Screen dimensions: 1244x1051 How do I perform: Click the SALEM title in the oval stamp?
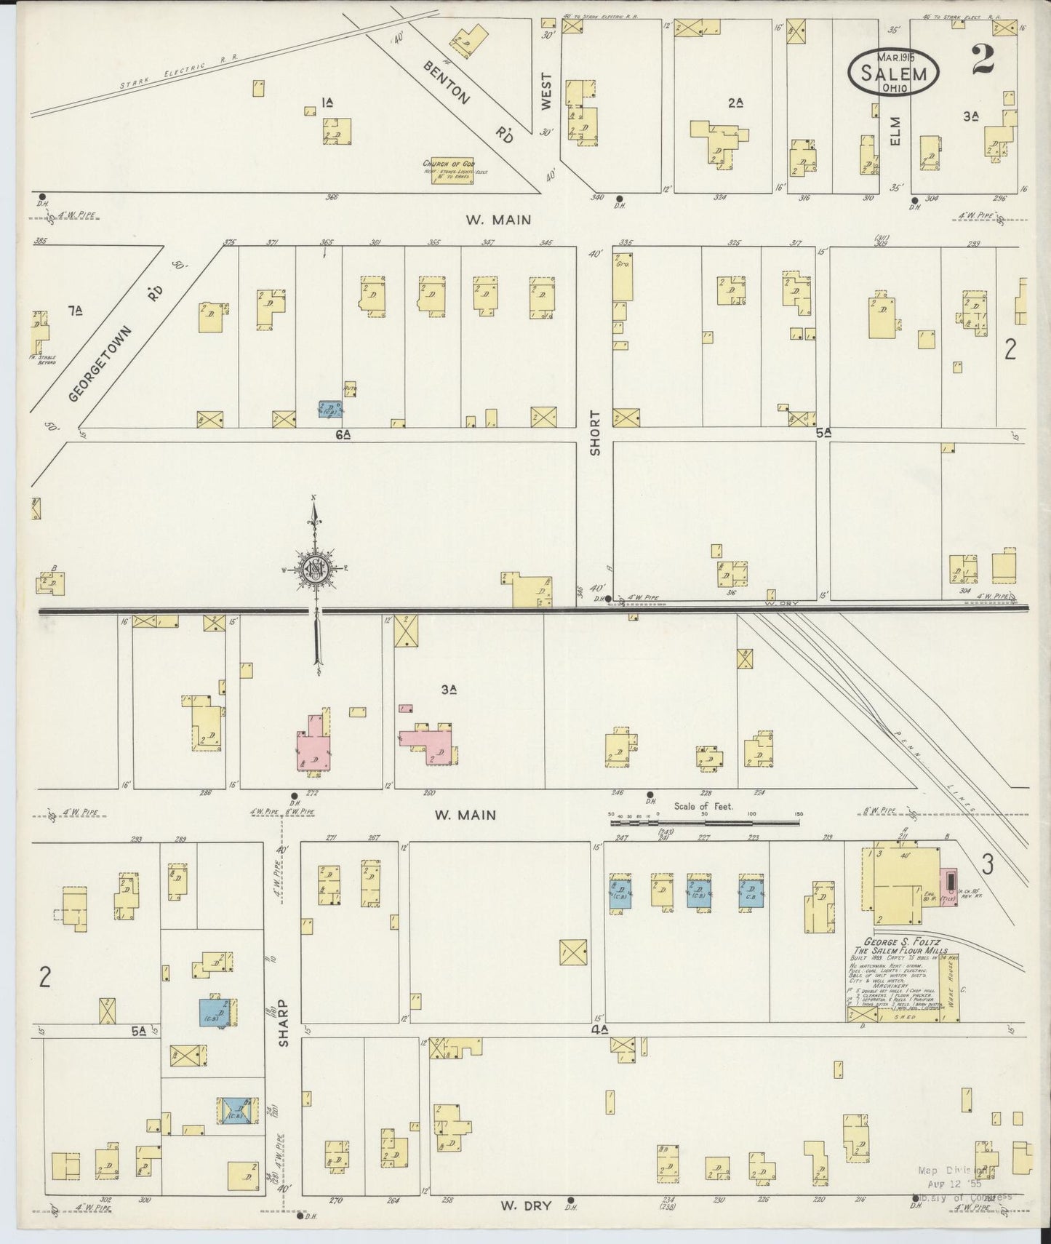(x=894, y=73)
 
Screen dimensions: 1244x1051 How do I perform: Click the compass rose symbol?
(x=316, y=568)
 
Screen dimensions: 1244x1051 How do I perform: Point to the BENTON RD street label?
(x=468, y=102)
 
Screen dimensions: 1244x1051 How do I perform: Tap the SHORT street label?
(x=596, y=433)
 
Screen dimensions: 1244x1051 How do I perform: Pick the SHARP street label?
(x=283, y=1022)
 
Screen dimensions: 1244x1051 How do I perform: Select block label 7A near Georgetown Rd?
(x=74, y=311)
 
